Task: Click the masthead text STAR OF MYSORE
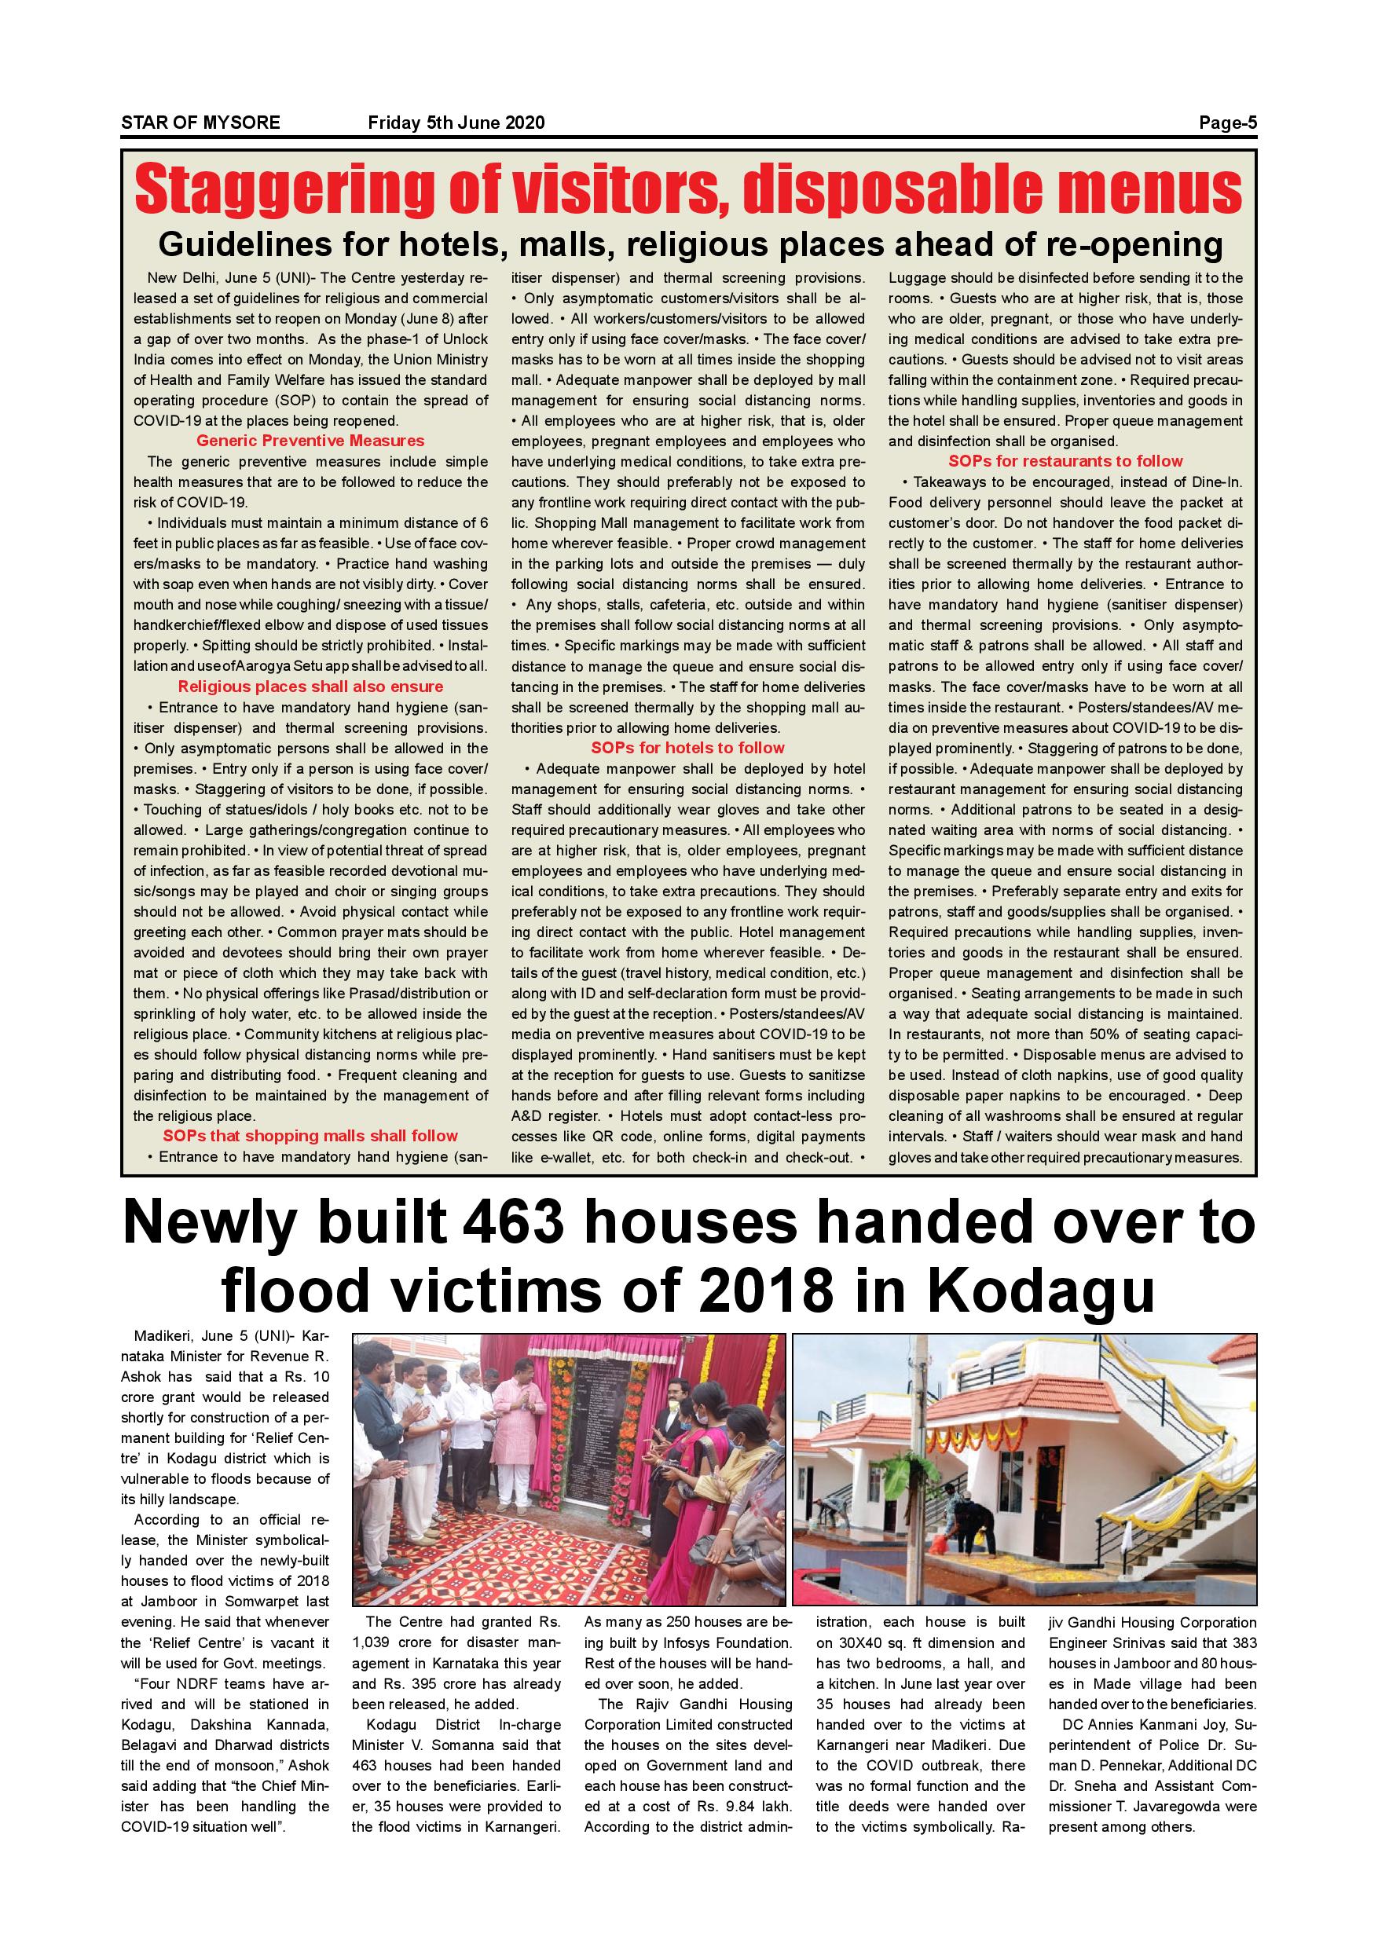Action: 200,123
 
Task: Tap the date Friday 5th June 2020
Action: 456,123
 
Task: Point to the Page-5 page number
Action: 1227,123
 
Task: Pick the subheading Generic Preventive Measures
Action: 310,441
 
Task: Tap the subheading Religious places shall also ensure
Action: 310,687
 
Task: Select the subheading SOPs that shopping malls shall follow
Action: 310,1135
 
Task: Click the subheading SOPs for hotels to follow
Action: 687,748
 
